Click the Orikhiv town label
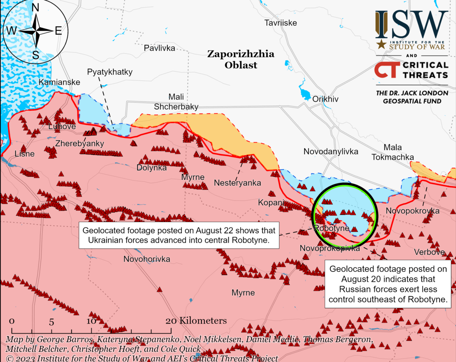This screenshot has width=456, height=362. point(325,99)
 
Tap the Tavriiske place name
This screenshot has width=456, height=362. point(280,23)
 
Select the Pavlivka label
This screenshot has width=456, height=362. point(159,48)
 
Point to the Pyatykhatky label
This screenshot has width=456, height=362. point(110,72)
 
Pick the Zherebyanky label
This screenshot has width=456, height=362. point(79,143)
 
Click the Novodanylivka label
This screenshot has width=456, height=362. point(331,151)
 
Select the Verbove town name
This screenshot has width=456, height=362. point(429,252)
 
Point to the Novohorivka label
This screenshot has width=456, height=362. point(147,259)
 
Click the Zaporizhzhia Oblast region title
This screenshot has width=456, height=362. point(241,59)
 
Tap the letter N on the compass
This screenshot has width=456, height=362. point(35,8)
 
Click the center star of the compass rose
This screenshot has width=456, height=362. point(36,31)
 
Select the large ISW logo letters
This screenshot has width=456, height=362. point(412,24)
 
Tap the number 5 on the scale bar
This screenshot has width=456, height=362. point(51,321)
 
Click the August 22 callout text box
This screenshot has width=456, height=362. point(179,235)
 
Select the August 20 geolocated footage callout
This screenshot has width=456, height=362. point(388,284)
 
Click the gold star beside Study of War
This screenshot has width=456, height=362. point(381,44)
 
